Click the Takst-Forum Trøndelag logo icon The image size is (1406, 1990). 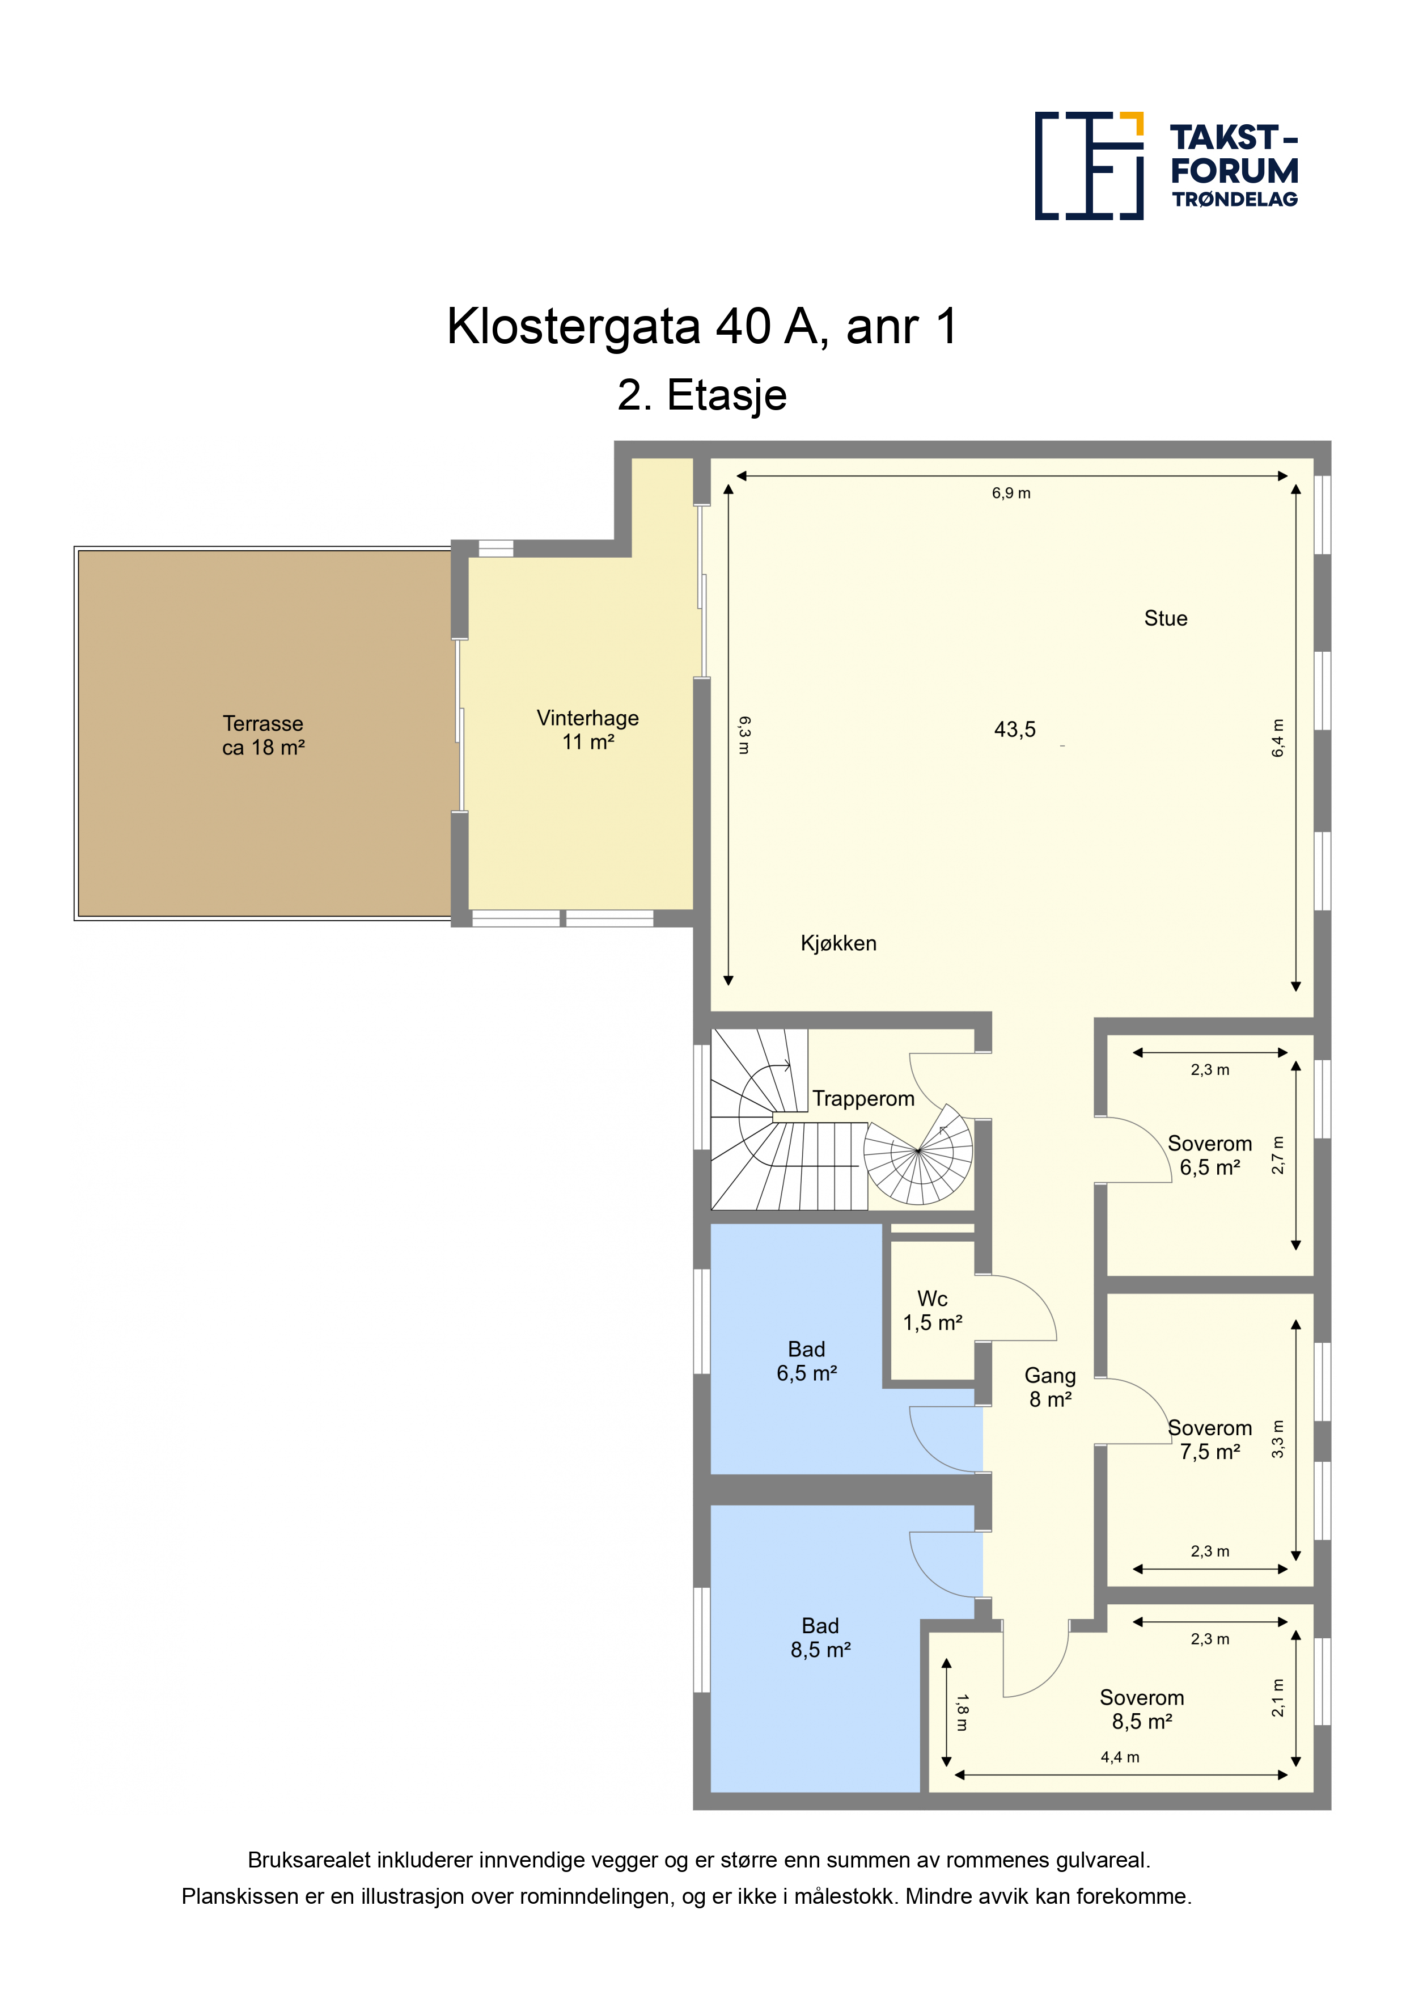tap(1089, 166)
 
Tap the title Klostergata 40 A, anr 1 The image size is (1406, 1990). tap(702, 327)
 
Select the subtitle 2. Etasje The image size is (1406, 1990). tap(702, 395)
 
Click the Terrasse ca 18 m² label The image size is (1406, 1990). tap(264, 735)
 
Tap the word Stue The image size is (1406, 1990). tap(1165, 618)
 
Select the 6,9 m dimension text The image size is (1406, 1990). tap(1011, 493)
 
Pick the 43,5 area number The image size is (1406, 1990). tap(1014, 730)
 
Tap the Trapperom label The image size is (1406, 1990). tap(863, 1099)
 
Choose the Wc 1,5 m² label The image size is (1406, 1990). tap(932, 1310)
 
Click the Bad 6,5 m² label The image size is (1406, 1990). tap(807, 1361)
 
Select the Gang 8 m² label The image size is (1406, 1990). tap(1050, 1387)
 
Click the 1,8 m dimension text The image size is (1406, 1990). tap(962, 1713)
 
